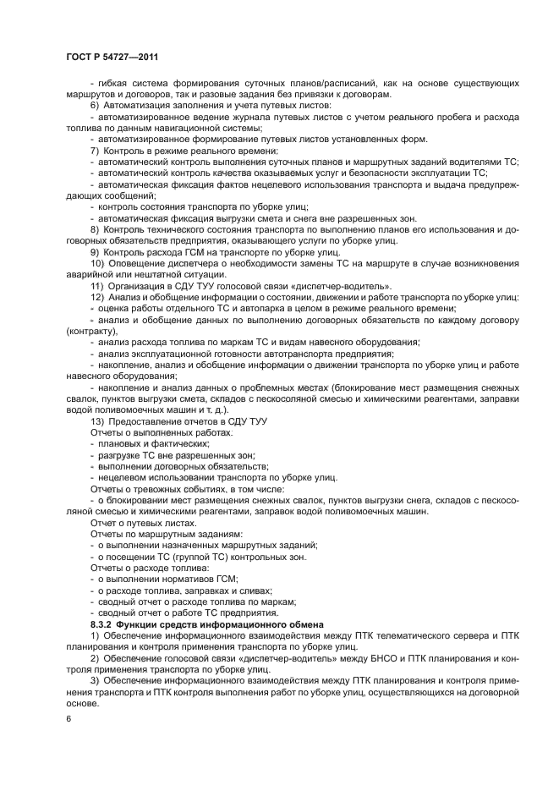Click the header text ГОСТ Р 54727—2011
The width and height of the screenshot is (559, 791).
tap(112, 57)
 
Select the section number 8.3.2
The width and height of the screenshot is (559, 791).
tap(104, 623)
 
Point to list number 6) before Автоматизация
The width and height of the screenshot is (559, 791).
tap(95, 105)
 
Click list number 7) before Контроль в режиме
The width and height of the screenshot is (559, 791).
tap(95, 150)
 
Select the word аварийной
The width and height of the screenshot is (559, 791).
tap(91, 274)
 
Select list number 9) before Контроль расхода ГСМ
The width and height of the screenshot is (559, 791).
tap(95, 251)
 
